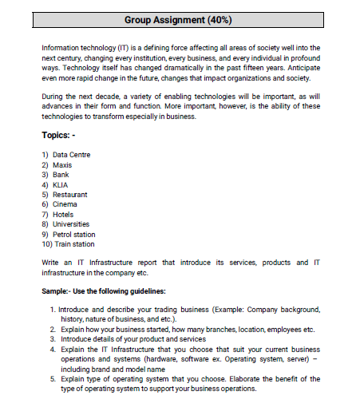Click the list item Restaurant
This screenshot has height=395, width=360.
click(71, 194)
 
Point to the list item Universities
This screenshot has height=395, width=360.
click(72, 224)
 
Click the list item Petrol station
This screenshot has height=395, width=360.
click(74, 235)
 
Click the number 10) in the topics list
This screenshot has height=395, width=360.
click(45, 244)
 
